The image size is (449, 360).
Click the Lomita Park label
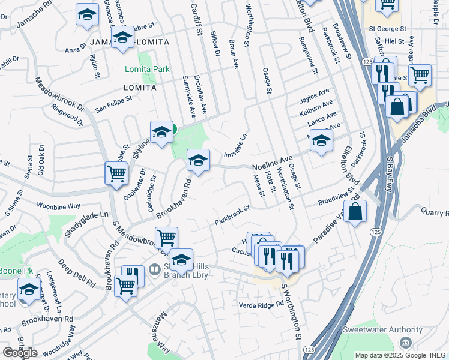(x=147, y=69)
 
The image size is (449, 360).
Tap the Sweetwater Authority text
(x=382, y=329)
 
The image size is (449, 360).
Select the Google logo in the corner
(x=20, y=353)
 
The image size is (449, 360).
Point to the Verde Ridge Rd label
(x=261, y=304)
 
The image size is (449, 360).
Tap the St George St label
(x=388, y=28)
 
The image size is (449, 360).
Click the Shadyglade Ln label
(x=86, y=223)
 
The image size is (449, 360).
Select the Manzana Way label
(x=156, y=337)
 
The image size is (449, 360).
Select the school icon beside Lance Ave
(x=322, y=141)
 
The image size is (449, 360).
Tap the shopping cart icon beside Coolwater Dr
(x=116, y=174)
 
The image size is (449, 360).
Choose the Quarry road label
(x=436, y=212)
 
